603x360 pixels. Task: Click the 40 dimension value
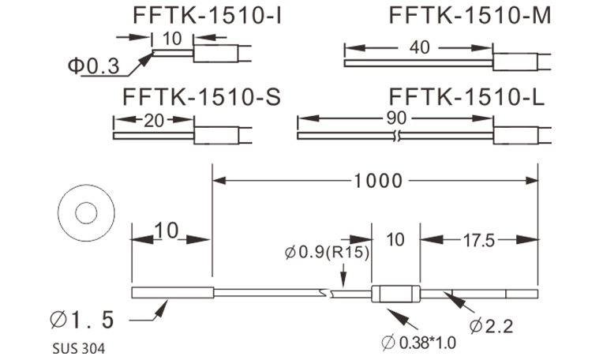pyautogui.click(x=420, y=47)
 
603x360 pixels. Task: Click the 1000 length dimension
pyautogui.click(x=374, y=181)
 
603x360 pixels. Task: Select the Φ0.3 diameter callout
pyautogui.click(x=92, y=67)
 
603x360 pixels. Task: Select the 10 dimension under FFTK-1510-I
pyautogui.click(x=173, y=38)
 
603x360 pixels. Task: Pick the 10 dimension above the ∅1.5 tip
pyautogui.click(x=167, y=231)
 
